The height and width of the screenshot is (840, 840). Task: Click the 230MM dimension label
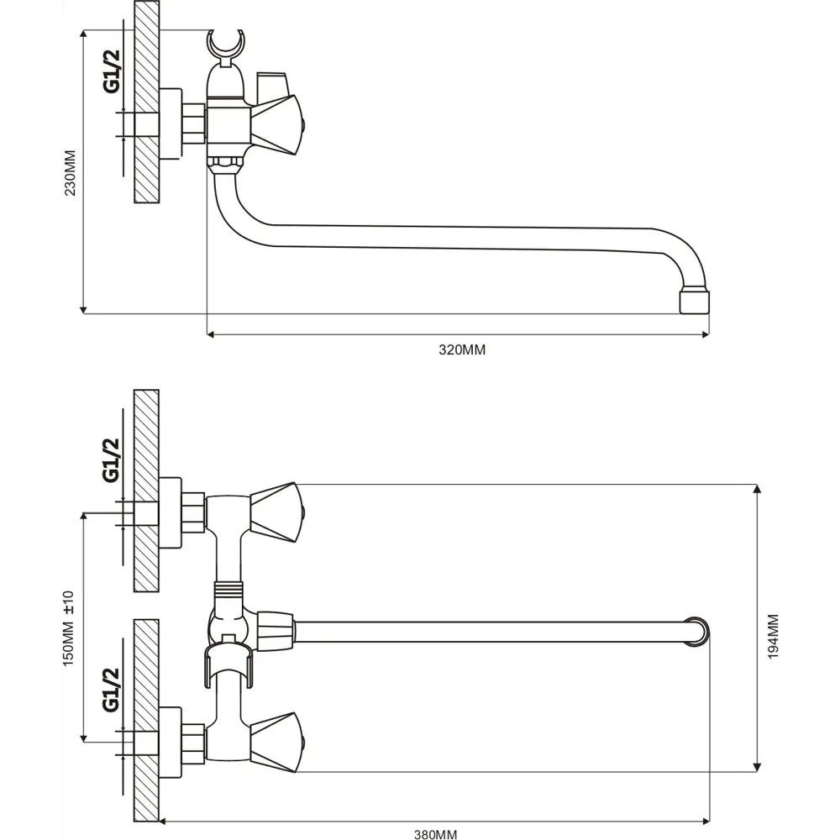pos(71,172)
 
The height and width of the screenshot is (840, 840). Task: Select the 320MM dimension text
pos(462,349)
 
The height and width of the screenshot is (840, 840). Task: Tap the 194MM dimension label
pos(773,637)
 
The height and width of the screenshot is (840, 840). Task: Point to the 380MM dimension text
pos(435,834)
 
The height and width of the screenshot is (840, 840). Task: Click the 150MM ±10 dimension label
pos(69,628)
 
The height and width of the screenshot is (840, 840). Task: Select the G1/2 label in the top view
pos(112,71)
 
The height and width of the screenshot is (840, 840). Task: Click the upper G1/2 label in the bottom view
pos(111,459)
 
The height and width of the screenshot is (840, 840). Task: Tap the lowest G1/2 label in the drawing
pos(111,690)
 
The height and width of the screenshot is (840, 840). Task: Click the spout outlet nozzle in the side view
pos(694,302)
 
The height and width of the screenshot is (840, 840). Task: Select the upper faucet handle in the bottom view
pos(276,512)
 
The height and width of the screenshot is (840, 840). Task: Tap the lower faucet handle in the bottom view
pos(276,743)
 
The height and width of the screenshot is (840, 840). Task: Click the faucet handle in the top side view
pos(276,125)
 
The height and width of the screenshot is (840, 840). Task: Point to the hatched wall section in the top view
pos(146,102)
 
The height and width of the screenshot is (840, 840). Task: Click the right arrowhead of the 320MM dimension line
pos(705,335)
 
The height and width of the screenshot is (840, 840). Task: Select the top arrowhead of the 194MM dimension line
pos(757,489)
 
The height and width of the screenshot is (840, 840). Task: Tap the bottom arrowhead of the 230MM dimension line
pos(83,310)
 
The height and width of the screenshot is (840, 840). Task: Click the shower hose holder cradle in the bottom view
pos(228,665)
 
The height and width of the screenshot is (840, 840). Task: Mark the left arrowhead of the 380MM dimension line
pos(164,822)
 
